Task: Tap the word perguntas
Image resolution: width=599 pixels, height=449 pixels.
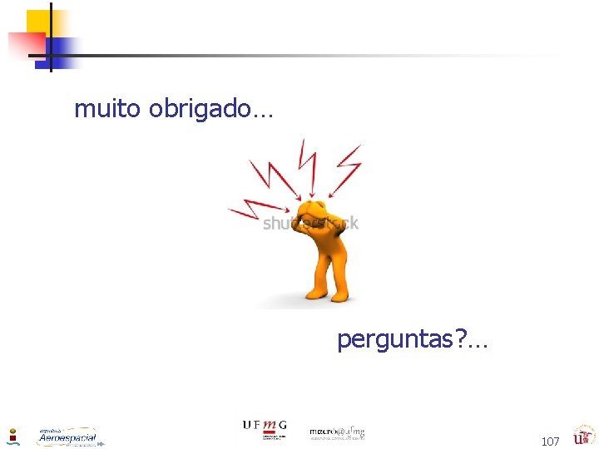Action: pyautogui.click(x=396, y=339)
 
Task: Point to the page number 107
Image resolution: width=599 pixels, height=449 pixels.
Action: pyautogui.click(x=550, y=442)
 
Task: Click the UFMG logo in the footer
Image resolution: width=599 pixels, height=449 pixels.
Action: pyautogui.click(x=264, y=429)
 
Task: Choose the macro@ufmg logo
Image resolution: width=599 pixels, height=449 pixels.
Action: pyautogui.click(x=337, y=432)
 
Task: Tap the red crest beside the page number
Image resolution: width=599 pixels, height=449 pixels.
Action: pyautogui.click(x=582, y=436)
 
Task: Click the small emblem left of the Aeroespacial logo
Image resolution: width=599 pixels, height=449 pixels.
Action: pyautogui.click(x=12, y=437)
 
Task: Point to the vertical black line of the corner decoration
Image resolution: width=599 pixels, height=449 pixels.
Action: pyautogui.click(x=50, y=37)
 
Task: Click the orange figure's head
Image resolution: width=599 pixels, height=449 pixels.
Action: pyautogui.click(x=314, y=213)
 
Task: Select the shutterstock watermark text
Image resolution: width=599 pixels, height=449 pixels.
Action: pyautogui.click(x=310, y=223)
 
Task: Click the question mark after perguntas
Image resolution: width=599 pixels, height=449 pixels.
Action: pyautogui.click(x=462, y=339)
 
